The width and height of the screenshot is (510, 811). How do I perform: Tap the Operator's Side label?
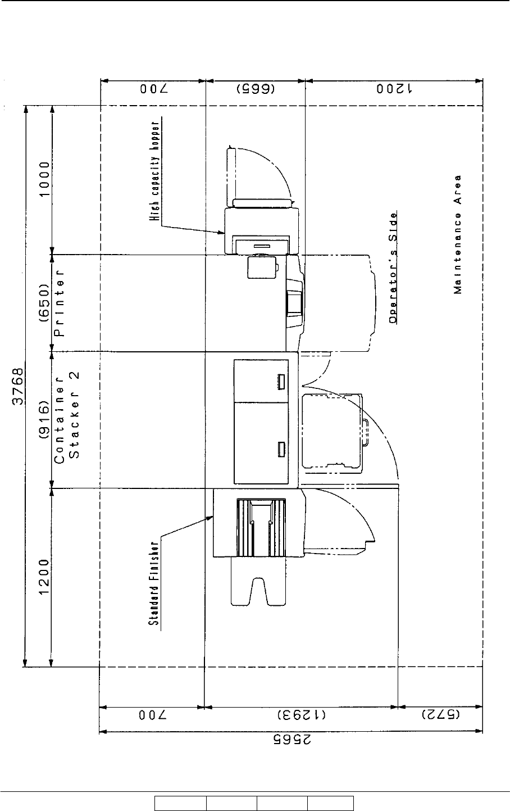394,266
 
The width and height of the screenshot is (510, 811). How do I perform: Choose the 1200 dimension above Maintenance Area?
393,89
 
